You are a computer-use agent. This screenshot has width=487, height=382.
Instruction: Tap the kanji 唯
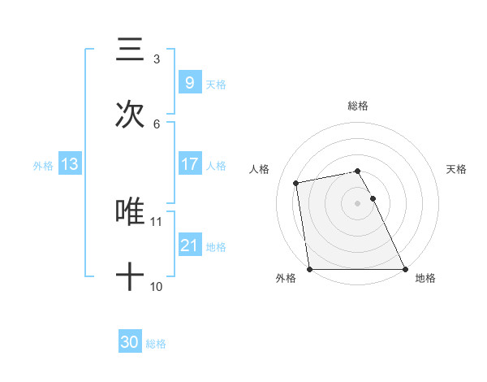click(130, 212)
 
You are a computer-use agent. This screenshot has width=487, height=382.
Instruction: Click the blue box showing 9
click(189, 82)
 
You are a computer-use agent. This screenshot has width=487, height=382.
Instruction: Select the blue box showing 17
click(189, 164)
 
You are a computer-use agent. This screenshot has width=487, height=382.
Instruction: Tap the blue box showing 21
click(189, 245)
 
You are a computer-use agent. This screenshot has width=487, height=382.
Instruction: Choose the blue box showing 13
click(70, 164)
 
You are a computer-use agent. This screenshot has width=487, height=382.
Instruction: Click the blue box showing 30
click(130, 343)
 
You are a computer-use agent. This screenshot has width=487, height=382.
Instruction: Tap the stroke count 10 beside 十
click(156, 287)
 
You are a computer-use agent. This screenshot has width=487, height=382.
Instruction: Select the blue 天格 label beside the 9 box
click(216, 84)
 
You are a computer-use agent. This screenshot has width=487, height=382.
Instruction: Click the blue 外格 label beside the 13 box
click(43, 166)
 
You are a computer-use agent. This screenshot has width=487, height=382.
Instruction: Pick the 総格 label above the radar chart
click(358, 106)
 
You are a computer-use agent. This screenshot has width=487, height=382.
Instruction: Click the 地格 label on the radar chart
click(425, 278)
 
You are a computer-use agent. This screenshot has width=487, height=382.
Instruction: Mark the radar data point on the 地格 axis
click(405, 269)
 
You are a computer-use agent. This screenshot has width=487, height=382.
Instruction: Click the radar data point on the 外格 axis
click(309, 269)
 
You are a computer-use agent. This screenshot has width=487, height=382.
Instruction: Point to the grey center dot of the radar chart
click(358, 203)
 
